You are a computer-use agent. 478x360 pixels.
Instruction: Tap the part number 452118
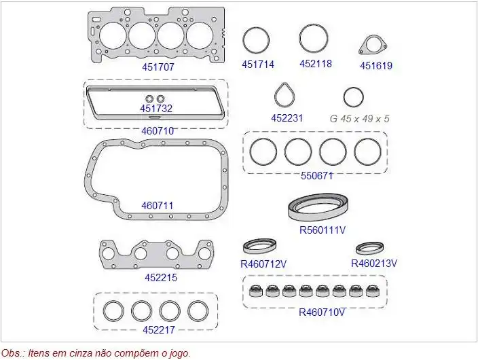315,64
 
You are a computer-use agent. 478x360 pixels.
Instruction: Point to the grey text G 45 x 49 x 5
360,118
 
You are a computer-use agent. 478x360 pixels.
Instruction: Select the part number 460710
158,130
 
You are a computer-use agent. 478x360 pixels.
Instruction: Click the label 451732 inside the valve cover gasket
156,109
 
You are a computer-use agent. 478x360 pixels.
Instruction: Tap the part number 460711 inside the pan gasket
158,205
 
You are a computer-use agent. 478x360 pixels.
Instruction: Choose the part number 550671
317,175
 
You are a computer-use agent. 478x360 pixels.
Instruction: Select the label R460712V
263,264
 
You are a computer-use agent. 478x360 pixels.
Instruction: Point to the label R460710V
322,312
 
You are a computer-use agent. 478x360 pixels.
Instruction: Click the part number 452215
161,277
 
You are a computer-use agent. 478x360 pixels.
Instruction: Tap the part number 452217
159,330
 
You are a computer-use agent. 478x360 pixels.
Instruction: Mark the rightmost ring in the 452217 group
197,311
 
